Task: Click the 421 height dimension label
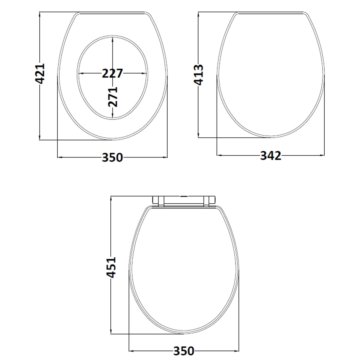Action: click(40, 73)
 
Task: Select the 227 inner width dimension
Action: click(112, 73)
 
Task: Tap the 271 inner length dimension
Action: click(113, 97)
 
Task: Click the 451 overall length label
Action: click(111, 268)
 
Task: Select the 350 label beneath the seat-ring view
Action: click(112, 157)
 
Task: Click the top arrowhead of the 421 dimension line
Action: click(40, 14)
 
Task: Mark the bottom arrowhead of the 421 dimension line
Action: click(40, 137)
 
